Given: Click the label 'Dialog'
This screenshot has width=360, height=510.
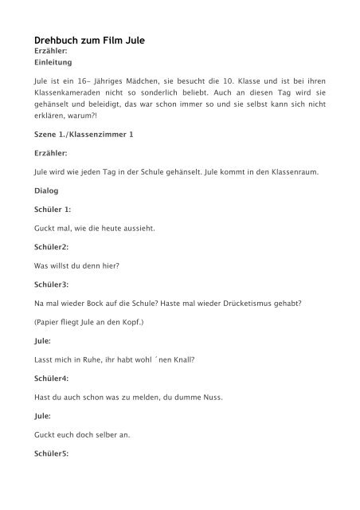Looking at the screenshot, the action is (47, 191).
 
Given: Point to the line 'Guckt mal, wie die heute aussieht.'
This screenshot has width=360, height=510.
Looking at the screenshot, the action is (94, 229).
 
